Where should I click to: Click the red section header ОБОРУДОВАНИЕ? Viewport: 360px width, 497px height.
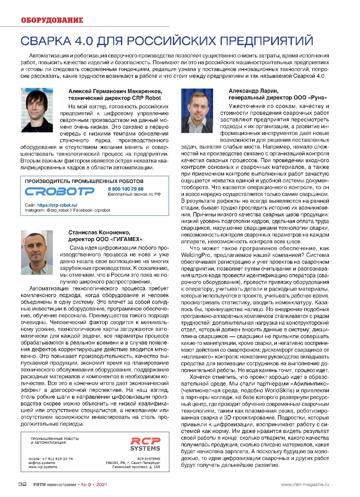(x=52, y=20)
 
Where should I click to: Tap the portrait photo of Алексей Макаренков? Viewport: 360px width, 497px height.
(x=37, y=110)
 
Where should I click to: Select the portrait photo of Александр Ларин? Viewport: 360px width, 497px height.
(x=197, y=111)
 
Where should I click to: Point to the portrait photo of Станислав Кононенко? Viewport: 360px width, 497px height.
(x=37, y=252)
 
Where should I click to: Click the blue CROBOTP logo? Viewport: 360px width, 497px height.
(x=60, y=191)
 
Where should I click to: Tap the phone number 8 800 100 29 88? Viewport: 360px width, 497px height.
(x=126, y=189)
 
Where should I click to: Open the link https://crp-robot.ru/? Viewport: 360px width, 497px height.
(x=57, y=205)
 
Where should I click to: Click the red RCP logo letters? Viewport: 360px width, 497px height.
(x=145, y=441)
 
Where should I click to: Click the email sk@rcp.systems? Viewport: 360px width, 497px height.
(x=42, y=463)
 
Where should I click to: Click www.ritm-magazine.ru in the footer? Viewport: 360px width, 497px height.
(x=305, y=485)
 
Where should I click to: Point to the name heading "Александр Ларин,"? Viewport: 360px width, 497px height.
(x=254, y=91)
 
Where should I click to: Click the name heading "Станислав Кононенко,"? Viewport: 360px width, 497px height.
(x=99, y=232)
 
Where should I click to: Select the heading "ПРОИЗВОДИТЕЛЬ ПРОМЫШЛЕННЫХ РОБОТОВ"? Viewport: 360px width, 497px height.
(x=84, y=181)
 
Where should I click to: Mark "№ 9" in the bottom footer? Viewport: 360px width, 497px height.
(x=86, y=485)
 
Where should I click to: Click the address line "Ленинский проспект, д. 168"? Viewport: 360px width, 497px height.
(x=136, y=467)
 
